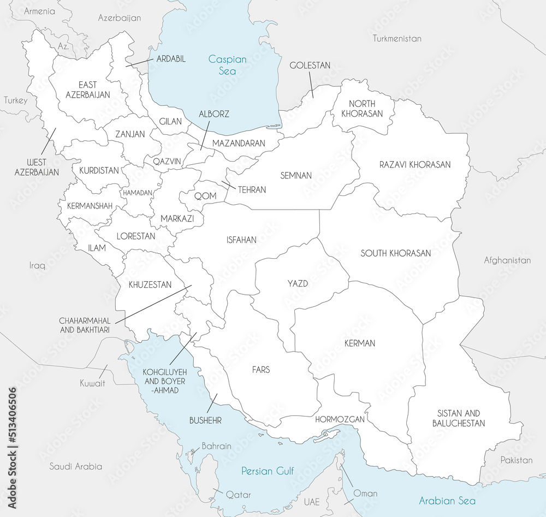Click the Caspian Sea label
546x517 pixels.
coord(228,65)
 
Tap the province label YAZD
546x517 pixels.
coord(298,283)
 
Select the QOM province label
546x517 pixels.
coord(205,195)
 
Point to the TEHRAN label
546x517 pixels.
coord(252,189)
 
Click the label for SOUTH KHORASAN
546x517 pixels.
coord(395,253)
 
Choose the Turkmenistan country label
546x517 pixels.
coord(397,38)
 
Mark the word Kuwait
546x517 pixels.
coord(92,383)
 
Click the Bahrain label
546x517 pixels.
coord(216,446)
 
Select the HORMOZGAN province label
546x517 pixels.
coord(340,419)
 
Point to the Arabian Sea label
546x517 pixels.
coord(447,501)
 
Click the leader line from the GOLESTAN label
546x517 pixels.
coord(310,85)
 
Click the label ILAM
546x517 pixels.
coord(97,247)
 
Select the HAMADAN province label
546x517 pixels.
coord(138,193)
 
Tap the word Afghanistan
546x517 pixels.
coord(507,260)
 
